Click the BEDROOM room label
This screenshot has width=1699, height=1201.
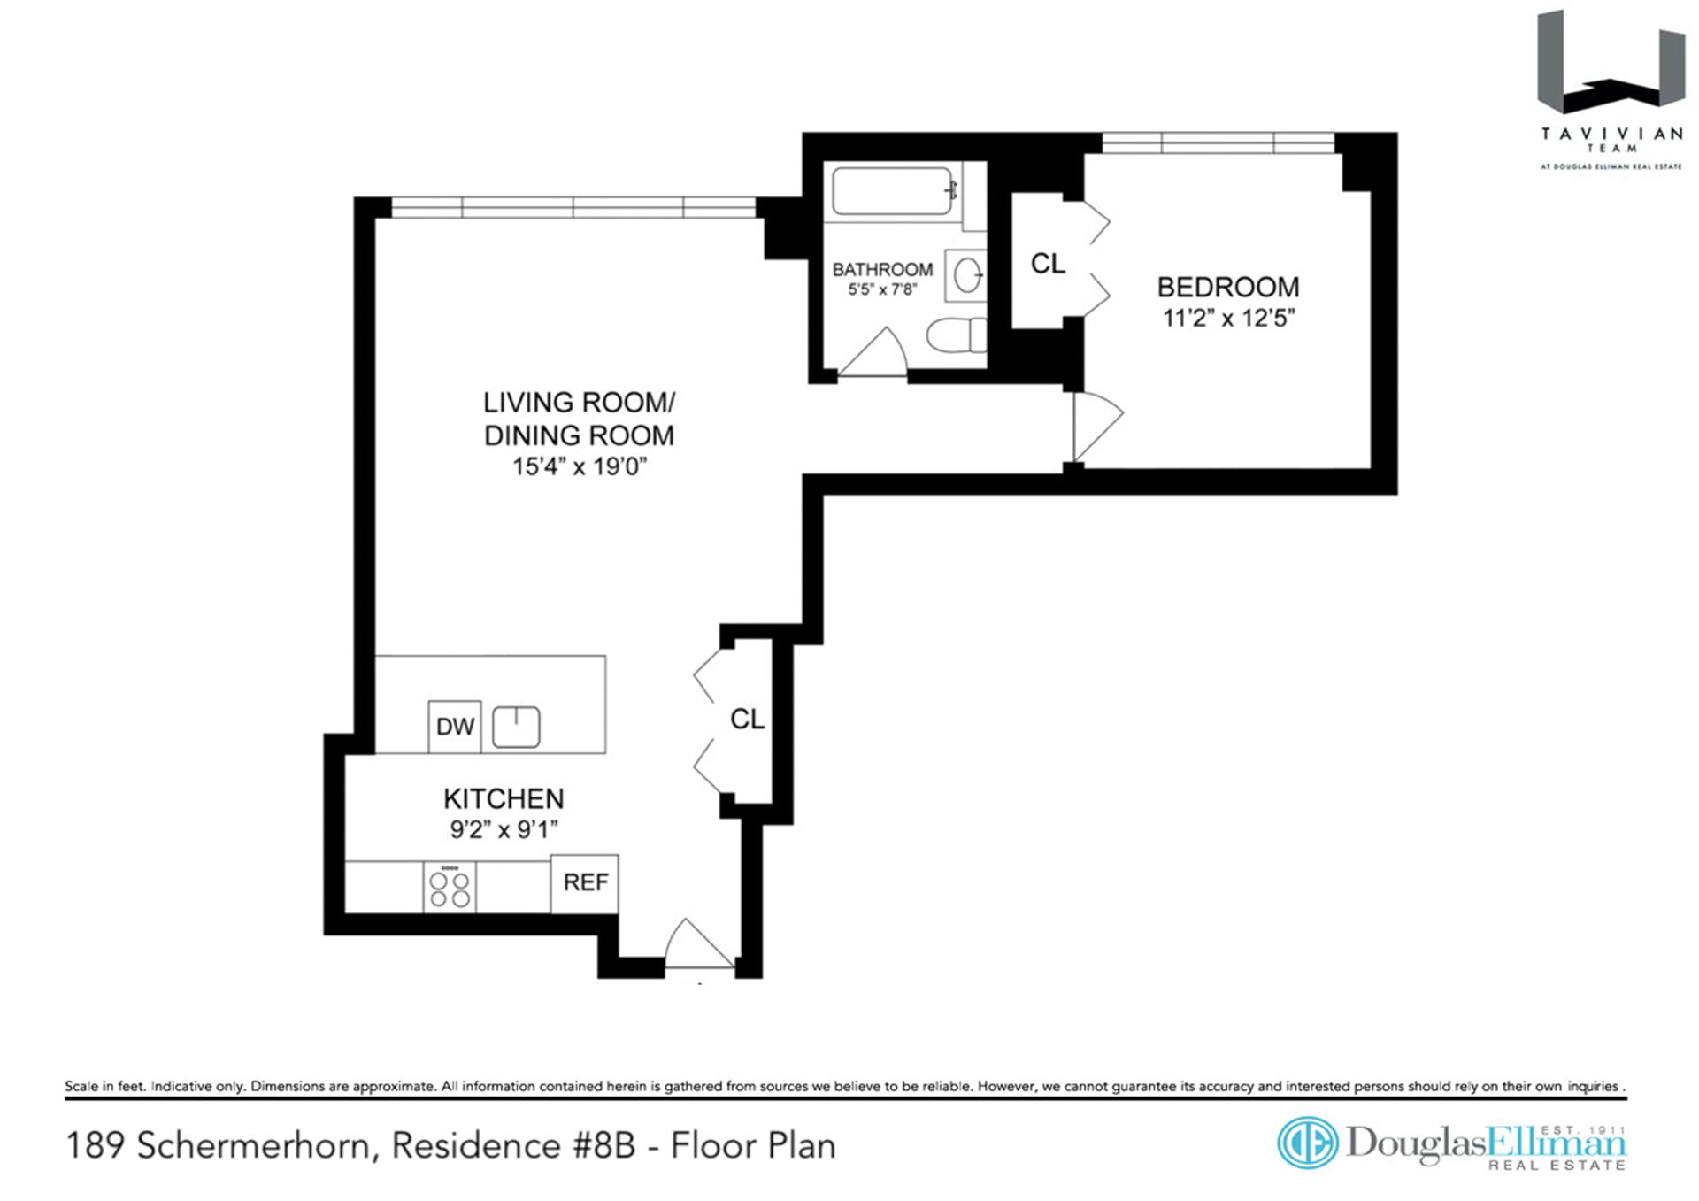(1228, 287)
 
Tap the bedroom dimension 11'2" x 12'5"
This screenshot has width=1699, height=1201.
(1228, 318)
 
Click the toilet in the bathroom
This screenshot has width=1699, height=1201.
(957, 335)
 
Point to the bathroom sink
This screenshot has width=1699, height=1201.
(966, 275)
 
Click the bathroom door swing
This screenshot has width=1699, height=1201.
(873, 352)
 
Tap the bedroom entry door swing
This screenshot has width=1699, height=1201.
(1098, 427)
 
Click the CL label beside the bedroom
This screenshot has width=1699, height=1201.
(1048, 264)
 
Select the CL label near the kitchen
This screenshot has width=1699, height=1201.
(747, 720)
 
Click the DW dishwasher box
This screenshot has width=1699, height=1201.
(455, 727)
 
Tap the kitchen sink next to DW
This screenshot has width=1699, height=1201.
(516, 728)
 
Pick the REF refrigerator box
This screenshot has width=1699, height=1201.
(585, 883)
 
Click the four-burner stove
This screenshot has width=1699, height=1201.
(450, 888)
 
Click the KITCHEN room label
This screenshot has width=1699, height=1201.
(504, 799)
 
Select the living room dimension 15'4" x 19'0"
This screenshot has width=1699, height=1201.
(580, 466)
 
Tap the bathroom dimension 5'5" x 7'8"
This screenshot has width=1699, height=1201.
(882, 289)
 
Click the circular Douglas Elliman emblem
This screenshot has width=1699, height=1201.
(1308, 1143)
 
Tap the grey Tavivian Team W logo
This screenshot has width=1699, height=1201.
(1610, 62)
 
